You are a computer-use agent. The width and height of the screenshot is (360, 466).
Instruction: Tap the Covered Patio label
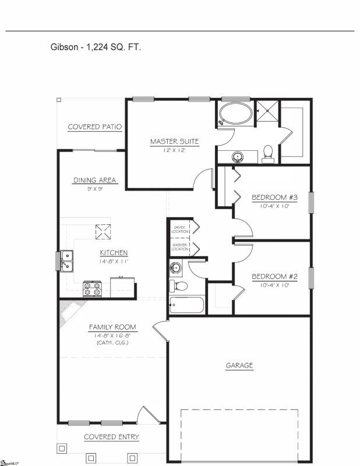point(94,127)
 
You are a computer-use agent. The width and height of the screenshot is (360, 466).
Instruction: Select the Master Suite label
point(175,142)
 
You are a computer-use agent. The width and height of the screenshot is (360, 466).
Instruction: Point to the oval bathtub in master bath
point(236,115)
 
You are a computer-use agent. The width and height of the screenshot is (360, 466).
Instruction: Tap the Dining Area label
point(95,180)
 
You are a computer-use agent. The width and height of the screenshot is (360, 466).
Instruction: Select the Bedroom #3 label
point(274,197)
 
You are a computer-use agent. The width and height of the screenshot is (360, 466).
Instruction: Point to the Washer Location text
point(180,248)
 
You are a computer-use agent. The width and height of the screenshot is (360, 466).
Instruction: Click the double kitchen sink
point(66,260)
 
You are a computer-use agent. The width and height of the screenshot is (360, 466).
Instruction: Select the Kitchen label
point(114,253)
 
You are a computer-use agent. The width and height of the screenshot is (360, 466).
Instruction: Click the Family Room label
point(112,327)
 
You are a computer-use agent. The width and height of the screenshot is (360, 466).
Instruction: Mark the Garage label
point(239,366)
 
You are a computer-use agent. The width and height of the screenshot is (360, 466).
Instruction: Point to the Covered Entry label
point(111,436)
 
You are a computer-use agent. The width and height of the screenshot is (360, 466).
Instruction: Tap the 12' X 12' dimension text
point(175,150)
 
